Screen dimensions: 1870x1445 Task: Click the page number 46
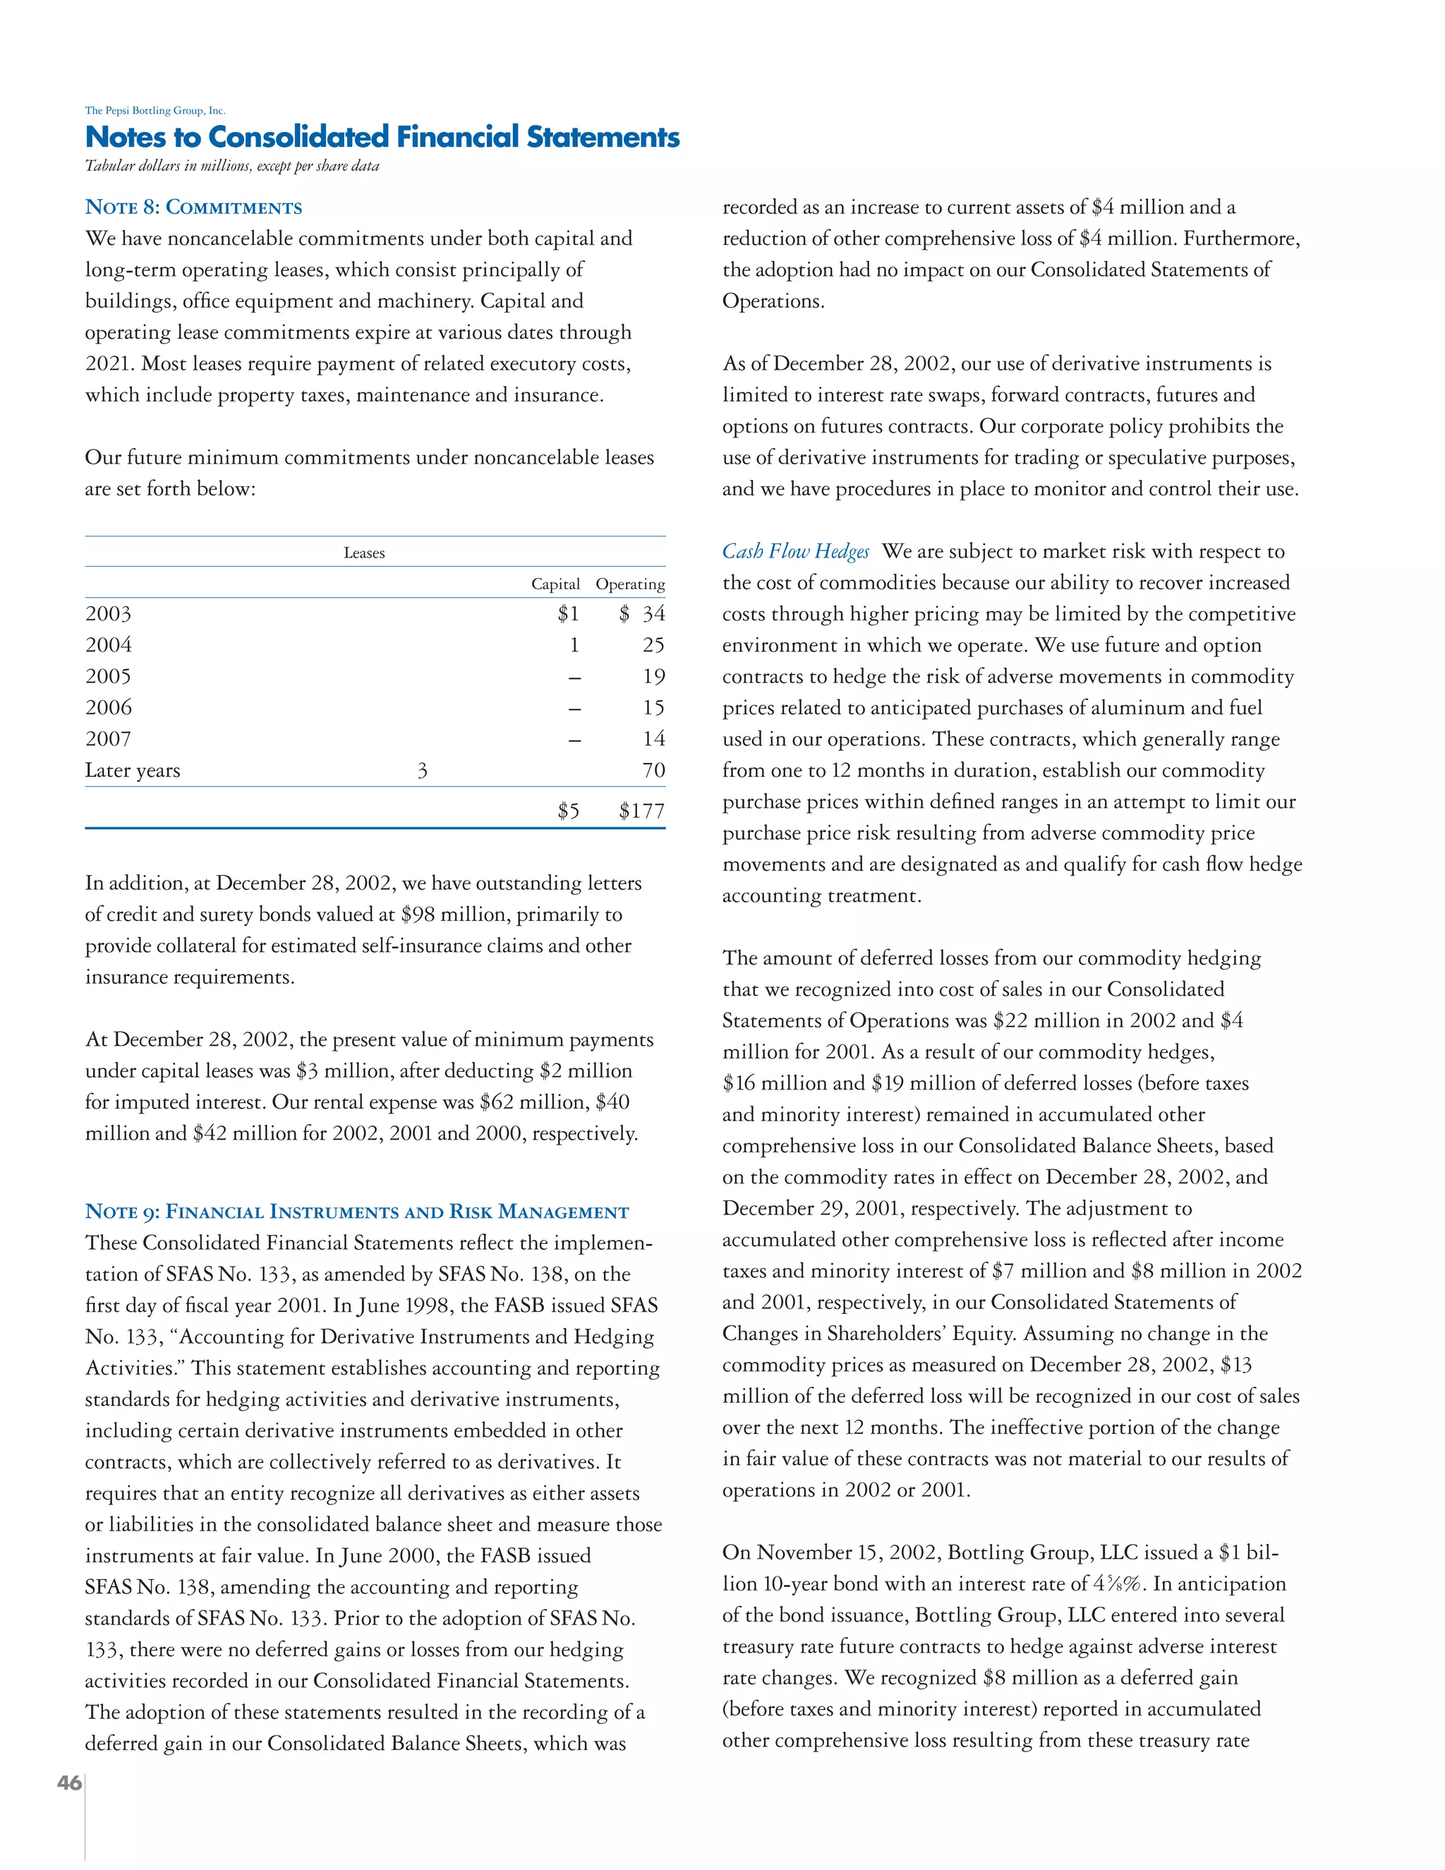69,1782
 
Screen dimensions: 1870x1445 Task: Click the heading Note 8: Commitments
193,207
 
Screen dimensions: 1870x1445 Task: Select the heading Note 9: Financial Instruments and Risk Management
357,1212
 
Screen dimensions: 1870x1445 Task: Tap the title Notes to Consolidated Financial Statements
382,137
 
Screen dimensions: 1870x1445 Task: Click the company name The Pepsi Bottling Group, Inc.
155,111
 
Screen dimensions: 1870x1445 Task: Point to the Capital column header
555,584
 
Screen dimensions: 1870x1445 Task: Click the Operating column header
630,584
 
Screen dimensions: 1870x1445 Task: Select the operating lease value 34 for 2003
653,614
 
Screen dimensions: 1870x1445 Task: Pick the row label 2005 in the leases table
108,677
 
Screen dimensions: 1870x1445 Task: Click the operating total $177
641,811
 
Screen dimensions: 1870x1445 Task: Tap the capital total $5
567,811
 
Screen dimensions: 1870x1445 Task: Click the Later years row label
133,771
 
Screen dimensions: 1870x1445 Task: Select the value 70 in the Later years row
653,771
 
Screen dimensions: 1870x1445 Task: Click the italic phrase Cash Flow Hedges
795,551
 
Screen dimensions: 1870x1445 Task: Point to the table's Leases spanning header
364,553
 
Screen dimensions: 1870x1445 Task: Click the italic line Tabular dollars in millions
232,166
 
